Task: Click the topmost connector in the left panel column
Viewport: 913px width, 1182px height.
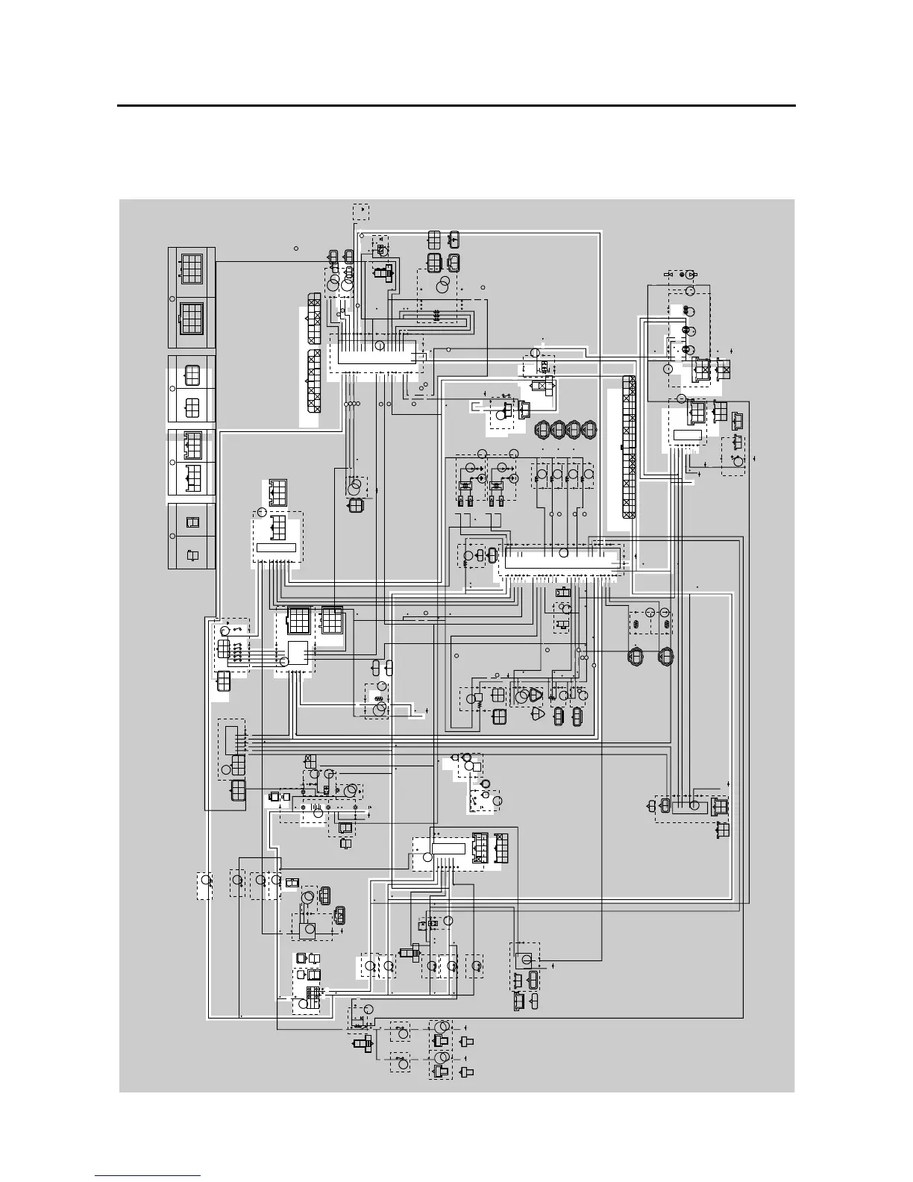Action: pos(192,267)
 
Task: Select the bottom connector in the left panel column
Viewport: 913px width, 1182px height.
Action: pos(192,555)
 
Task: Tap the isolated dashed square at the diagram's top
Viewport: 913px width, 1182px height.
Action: pos(361,212)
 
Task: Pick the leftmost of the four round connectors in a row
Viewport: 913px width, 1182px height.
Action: pos(544,430)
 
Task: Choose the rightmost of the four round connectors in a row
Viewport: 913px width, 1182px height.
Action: pos(590,430)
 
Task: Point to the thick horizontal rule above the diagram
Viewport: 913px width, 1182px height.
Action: pos(456,106)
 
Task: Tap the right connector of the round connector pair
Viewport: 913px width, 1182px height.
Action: pos(665,656)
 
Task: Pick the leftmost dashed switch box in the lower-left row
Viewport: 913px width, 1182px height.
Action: pos(204,886)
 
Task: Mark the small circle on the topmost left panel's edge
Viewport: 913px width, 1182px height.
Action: pos(172,298)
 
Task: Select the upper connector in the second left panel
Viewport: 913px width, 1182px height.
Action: pos(192,375)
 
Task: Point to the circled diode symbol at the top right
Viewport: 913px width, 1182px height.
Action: pos(691,275)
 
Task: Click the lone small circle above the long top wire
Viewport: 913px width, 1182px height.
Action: pos(296,248)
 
